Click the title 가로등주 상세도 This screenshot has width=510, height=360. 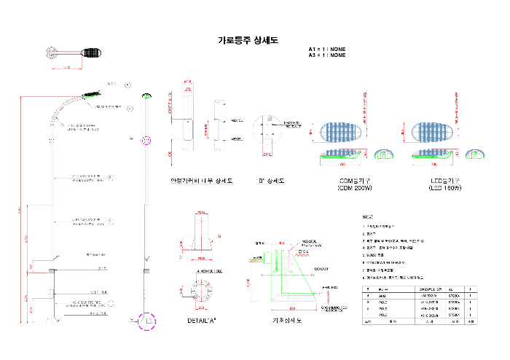click(248, 41)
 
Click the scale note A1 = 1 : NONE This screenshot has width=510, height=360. click(326, 50)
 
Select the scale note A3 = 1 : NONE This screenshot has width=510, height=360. click(326, 55)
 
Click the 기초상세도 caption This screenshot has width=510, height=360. click(286, 319)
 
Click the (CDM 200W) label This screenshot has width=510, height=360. click(355, 188)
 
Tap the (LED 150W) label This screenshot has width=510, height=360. click(446, 188)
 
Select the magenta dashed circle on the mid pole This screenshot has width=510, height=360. click(146, 140)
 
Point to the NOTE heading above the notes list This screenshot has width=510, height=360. click(368, 217)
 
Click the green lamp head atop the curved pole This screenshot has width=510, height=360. click(93, 93)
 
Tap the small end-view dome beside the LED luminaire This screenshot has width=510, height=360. click(474, 154)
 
